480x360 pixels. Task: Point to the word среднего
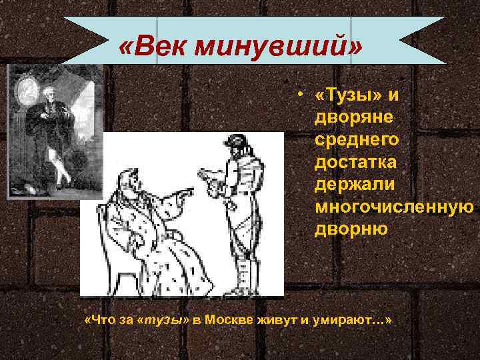point(357,139)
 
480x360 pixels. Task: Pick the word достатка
point(356,162)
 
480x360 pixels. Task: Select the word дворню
point(351,230)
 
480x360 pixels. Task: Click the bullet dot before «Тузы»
point(301,95)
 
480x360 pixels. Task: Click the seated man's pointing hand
point(187,192)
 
